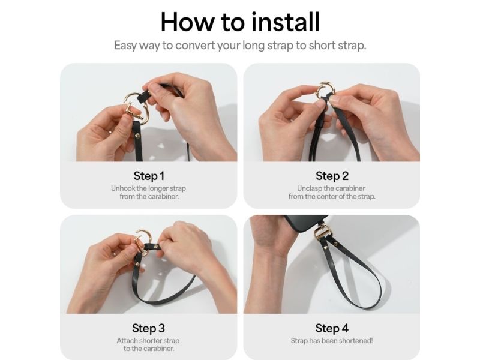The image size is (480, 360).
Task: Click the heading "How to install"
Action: point(240,22)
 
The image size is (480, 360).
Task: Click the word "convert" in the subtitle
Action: point(196,46)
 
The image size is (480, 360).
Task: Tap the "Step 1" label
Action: point(149,176)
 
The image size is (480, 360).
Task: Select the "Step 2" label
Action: point(332,176)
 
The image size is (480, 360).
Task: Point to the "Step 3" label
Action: point(148,328)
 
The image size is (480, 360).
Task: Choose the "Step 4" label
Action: point(332,328)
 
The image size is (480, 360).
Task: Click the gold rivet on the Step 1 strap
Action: point(137,136)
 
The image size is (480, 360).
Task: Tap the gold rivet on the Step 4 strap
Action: point(336,244)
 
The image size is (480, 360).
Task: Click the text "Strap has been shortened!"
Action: point(332,341)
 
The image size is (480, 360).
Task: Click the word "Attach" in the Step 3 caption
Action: point(127,341)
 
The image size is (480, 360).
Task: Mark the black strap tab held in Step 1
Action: point(143,96)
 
